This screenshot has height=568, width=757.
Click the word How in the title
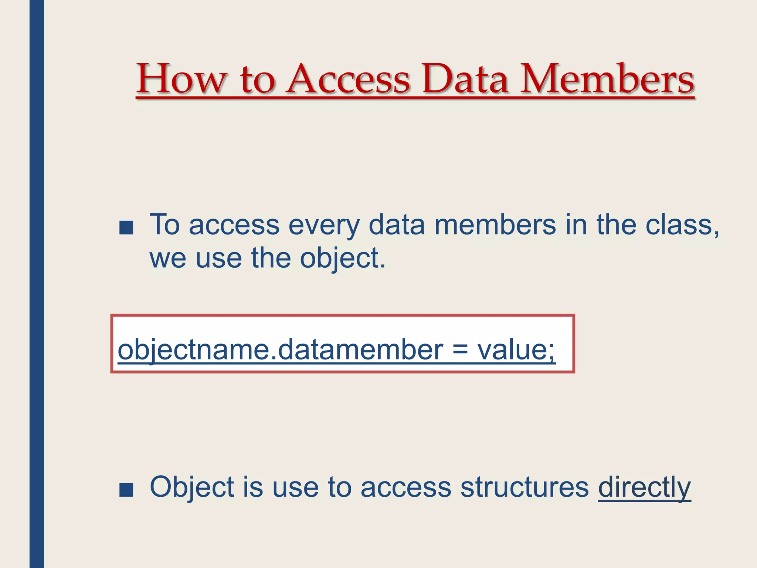(181, 79)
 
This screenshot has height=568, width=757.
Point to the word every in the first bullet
(324, 225)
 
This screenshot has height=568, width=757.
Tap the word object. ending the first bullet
(343, 258)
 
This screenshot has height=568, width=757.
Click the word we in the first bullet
(168, 258)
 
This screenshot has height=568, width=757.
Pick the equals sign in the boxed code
(460, 349)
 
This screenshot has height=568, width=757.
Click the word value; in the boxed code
(516, 349)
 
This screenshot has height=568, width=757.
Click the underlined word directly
(644, 488)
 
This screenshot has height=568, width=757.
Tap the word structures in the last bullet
(525, 487)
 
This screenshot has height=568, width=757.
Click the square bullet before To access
(126, 228)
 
